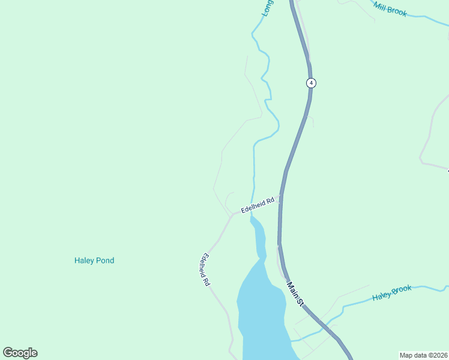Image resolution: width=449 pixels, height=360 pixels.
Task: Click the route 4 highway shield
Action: click(x=310, y=83)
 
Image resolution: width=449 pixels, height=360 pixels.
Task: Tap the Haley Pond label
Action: click(x=94, y=260)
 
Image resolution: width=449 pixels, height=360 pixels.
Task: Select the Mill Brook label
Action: click(x=390, y=9)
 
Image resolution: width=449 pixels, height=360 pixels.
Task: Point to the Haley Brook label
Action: click(x=392, y=293)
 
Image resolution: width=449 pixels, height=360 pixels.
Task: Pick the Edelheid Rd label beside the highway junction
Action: click(x=258, y=205)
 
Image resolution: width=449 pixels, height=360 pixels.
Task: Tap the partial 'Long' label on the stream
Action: click(x=267, y=8)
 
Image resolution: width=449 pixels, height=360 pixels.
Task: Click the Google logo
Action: click(x=20, y=353)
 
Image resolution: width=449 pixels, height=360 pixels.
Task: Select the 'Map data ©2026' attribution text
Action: click(x=423, y=355)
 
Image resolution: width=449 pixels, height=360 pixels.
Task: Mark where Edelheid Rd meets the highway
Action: click(x=280, y=198)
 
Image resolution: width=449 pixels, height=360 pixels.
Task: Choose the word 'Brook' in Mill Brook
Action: click(x=397, y=11)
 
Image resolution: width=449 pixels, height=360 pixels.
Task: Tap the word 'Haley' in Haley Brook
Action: click(x=382, y=296)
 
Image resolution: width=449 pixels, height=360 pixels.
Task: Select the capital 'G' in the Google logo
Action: click(x=8, y=352)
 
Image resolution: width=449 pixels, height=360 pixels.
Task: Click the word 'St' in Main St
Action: click(x=301, y=301)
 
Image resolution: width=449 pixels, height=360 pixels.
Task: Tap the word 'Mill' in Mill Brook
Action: click(x=380, y=5)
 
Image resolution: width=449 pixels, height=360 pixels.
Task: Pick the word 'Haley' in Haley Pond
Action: click(x=85, y=260)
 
